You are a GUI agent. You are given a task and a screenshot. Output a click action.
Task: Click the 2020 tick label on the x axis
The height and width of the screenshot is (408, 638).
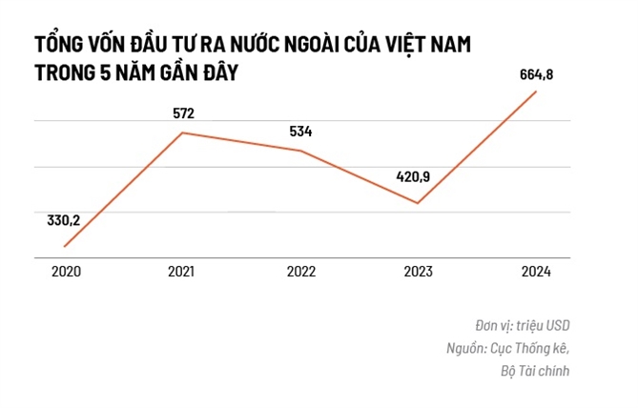66,273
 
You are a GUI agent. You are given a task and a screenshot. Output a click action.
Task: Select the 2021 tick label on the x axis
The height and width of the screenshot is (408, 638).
182,273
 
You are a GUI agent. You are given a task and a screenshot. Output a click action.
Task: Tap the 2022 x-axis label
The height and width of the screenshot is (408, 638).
300,273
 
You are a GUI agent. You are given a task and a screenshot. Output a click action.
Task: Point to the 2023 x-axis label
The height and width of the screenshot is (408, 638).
419,273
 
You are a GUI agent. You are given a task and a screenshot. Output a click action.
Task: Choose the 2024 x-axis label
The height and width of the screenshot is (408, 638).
536,273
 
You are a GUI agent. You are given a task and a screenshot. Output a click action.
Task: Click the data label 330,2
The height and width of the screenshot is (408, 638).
63,220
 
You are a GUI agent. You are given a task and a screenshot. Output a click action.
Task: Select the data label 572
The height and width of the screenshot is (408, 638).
183,113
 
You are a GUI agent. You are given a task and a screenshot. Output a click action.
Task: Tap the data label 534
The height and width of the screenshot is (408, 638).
301,132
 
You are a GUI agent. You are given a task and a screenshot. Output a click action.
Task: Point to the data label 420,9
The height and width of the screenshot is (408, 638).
416,176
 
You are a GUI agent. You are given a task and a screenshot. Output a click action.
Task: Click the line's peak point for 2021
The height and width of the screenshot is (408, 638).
182,133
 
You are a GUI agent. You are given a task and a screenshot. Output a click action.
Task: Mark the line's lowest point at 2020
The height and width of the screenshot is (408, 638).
65,246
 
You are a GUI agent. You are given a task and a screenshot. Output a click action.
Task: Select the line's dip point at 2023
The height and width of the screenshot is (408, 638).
418,203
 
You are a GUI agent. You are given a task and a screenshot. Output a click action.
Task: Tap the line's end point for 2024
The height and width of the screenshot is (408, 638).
537,92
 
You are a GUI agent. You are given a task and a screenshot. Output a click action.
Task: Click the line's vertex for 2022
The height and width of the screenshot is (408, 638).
300,151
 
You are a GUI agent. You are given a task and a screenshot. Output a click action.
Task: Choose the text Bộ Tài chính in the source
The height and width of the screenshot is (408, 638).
534,370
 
